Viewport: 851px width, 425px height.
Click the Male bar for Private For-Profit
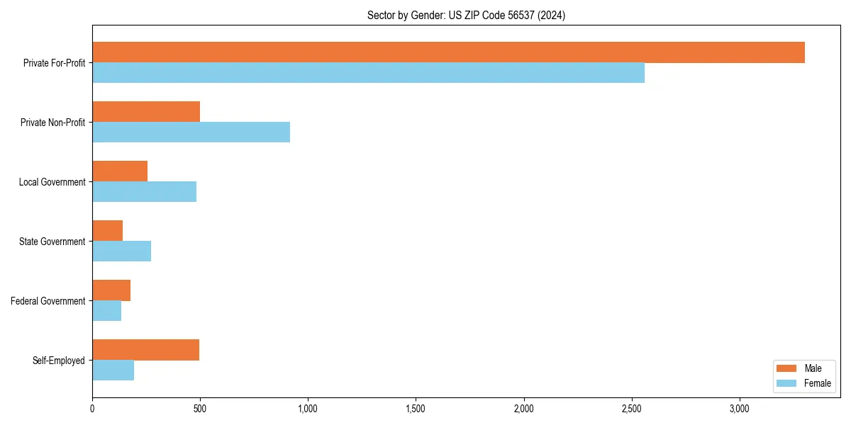(x=448, y=52)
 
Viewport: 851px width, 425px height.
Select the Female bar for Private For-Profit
(x=368, y=73)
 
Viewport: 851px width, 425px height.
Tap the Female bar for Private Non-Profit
(x=191, y=132)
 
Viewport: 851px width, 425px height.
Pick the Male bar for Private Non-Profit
(x=146, y=112)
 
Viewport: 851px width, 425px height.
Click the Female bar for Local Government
(x=144, y=192)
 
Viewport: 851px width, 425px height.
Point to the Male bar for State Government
(x=107, y=231)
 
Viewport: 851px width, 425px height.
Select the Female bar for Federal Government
(x=106, y=311)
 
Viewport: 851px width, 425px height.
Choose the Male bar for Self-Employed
(x=145, y=350)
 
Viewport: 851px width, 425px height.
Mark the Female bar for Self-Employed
(x=113, y=370)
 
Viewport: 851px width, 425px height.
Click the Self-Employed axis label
(x=58, y=361)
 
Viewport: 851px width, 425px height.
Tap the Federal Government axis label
(x=48, y=301)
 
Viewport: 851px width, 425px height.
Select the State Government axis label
(x=52, y=242)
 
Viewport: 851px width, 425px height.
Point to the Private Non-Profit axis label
(x=52, y=123)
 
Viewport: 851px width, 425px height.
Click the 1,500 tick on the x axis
(x=416, y=409)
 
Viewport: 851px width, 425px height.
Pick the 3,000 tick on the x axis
(x=739, y=409)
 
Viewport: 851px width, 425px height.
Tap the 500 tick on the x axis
(x=200, y=409)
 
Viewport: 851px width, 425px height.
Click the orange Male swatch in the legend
(x=787, y=368)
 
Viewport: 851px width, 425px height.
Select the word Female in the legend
(x=818, y=383)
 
